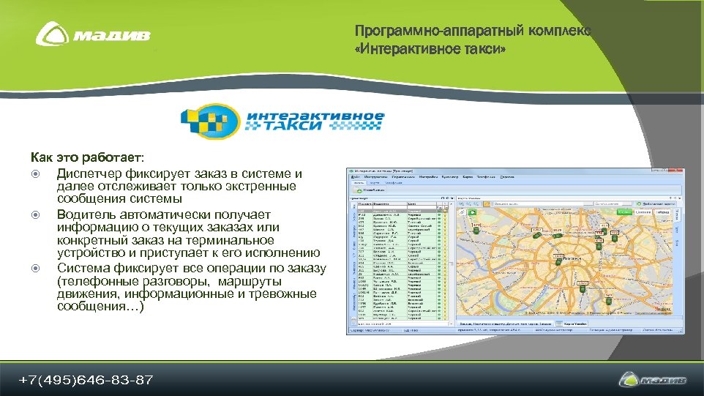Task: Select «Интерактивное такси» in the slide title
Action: click(430, 49)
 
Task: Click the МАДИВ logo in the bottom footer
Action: click(654, 380)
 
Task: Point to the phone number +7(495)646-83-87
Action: click(86, 380)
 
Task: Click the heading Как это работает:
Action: click(88, 157)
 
